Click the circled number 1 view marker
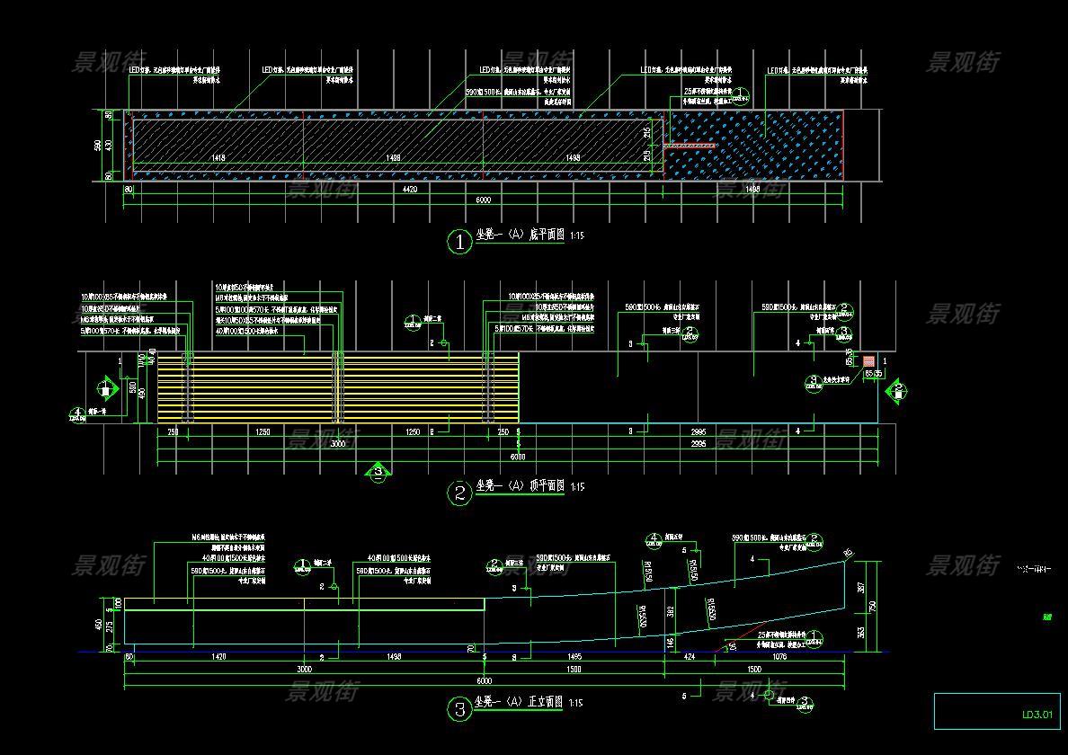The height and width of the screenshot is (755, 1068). [x=459, y=242]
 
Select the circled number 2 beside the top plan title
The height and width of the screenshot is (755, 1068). [x=459, y=493]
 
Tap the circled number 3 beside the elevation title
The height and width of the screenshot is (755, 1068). [x=459, y=710]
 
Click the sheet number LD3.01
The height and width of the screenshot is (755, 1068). [x=1036, y=715]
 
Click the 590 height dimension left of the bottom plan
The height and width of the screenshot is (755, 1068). [x=99, y=145]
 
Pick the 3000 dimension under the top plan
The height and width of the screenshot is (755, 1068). [x=338, y=444]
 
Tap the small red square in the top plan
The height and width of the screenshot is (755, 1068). [x=869, y=361]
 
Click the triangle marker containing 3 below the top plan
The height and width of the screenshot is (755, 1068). [x=378, y=470]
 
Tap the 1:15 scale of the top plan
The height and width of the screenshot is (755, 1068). [x=576, y=487]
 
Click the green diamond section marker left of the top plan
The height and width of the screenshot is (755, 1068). [x=105, y=390]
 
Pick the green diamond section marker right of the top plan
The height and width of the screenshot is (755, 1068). [x=896, y=391]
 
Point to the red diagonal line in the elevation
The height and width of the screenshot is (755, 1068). [x=742, y=633]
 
